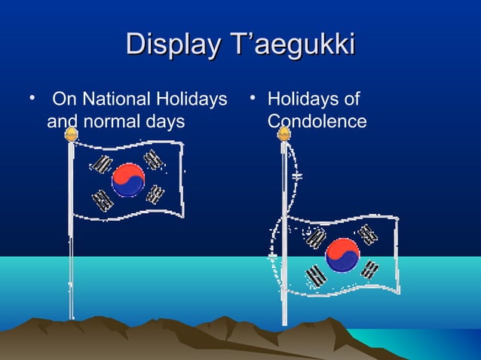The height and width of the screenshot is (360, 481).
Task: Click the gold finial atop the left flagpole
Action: (71, 135)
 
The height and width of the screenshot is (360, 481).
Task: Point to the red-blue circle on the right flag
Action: (342, 255)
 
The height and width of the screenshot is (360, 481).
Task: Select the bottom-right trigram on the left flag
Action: (156, 194)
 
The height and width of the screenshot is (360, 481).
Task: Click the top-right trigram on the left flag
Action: (155, 159)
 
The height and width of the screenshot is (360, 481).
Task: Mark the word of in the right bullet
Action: (350, 99)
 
